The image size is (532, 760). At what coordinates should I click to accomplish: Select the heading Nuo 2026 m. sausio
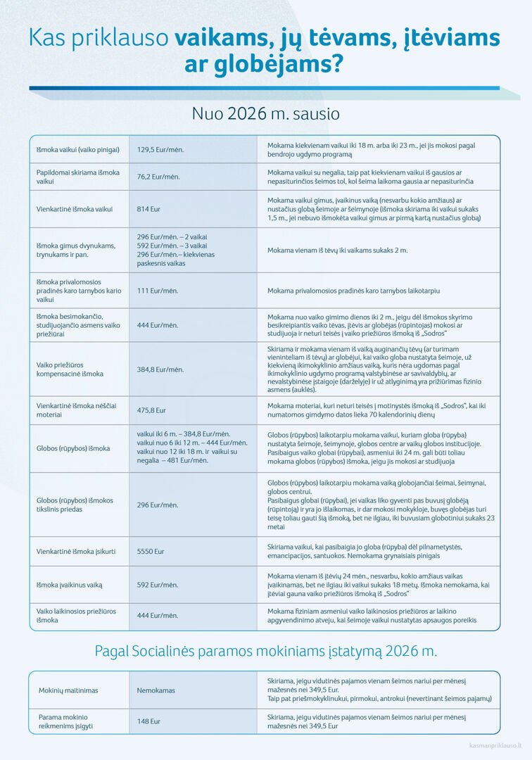[265, 113]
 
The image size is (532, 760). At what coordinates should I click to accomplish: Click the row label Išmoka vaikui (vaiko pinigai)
[78, 150]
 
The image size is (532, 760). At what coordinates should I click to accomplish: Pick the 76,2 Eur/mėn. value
[158, 177]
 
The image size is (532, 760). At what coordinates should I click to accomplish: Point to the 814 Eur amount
[148, 209]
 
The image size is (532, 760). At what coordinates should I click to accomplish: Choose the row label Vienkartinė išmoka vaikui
[75, 209]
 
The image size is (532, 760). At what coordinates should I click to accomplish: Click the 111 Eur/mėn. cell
[158, 291]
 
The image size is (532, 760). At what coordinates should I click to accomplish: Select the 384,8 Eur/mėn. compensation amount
[160, 369]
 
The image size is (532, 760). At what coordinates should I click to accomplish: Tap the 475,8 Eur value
[151, 410]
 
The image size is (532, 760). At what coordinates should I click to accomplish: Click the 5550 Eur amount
[151, 552]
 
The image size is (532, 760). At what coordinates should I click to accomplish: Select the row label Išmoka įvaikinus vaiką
[69, 584]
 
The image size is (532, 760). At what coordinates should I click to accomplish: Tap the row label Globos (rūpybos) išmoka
[73, 448]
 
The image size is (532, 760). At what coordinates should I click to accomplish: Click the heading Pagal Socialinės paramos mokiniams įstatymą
[265, 651]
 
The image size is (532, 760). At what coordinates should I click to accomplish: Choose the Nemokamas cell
[156, 690]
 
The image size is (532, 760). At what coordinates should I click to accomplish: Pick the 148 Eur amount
[148, 721]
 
